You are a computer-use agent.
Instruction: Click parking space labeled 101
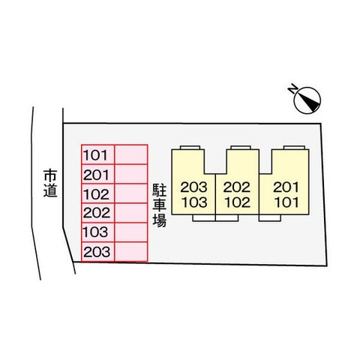[98, 154]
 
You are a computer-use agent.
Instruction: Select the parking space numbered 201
[98, 174]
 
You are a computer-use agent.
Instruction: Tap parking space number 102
[98, 193]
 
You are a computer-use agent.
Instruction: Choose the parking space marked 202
[98, 213]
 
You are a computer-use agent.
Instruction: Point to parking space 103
[98, 232]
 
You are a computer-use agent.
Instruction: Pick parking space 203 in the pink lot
[98, 252]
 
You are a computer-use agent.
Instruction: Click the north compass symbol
[307, 100]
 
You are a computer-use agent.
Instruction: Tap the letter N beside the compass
[292, 89]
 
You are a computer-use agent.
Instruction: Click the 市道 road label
[50, 183]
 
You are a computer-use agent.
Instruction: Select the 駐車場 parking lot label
[159, 205]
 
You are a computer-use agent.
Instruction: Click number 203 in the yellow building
[194, 187]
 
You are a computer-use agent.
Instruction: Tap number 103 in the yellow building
[194, 202]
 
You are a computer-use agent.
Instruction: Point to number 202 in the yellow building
[237, 187]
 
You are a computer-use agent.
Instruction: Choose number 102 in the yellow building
[238, 202]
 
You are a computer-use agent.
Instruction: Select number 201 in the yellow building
[286, 187]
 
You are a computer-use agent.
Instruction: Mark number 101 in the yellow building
[286, 202]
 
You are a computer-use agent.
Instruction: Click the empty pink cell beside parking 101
[131, 154]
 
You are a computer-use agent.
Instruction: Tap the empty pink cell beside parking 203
[131, 252]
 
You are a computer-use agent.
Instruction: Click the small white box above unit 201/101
[294, 148]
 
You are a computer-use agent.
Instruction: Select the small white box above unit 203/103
[190, 148]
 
